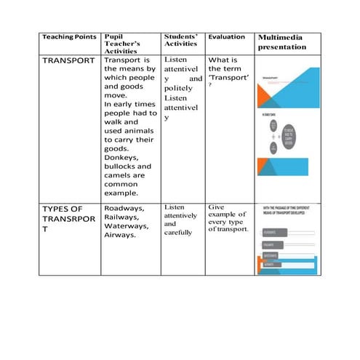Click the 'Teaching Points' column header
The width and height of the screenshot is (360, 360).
pos(69,36)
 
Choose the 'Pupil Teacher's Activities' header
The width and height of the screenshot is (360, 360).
pos(127,44)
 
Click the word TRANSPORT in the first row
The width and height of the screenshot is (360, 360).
pos(69,60)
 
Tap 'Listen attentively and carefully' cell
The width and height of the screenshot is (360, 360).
pos(180,220)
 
